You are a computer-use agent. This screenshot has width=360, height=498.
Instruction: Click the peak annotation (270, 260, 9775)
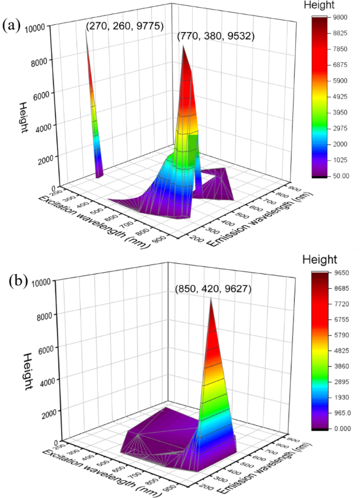(x=125, y=26)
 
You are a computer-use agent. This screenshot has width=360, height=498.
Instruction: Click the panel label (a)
(x=12, y=25)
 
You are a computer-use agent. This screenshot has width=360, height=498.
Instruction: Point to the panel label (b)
(x=12, y=279)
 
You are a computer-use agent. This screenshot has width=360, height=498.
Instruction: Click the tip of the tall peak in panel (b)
(x=211, y=298)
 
